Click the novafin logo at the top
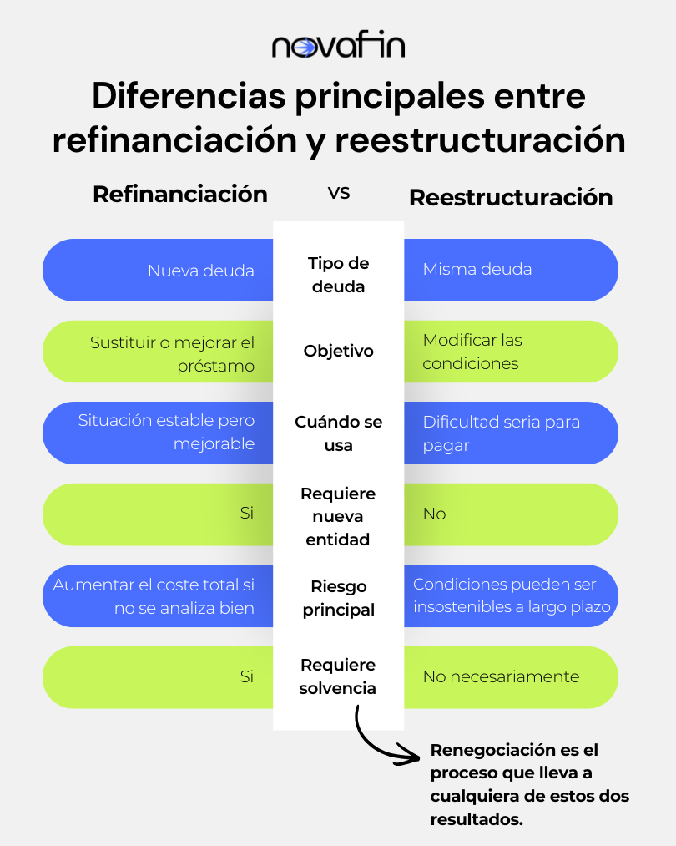(x=338, y=47)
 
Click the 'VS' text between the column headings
(x=339, y=193)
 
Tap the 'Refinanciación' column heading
(x=180, y=195)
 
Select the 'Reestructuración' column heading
(x=511, y=197)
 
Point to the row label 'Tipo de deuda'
(x=339, y=275)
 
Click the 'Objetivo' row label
(x=339, y=351)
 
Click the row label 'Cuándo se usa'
(x=339, y=433)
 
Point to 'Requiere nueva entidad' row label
(x=338, y=516)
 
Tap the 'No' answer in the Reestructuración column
(x=434, y=514)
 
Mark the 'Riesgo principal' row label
(x=339, y=598)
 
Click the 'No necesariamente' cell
(x=501, y=676)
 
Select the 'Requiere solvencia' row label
(x=338, y=676)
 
